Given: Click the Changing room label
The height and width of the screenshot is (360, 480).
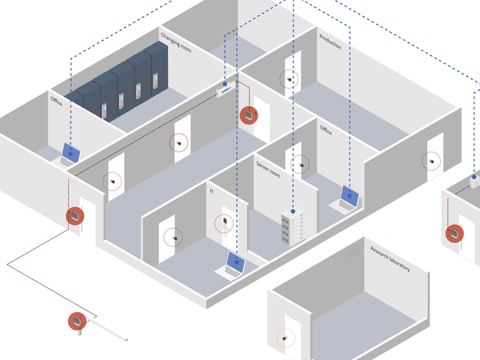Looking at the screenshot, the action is coord(176,43).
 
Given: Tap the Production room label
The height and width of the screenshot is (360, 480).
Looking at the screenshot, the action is coord(330,42).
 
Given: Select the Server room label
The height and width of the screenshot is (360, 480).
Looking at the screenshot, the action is coord(268,170).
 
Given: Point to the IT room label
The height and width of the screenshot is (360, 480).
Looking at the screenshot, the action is coord(211,191).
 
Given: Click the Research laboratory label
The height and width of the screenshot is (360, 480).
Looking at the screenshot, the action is coord(390,258).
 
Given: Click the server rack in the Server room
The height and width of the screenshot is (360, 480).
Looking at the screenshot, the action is coord(292,226).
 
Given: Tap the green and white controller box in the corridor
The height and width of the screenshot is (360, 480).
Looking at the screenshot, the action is coord(226,89).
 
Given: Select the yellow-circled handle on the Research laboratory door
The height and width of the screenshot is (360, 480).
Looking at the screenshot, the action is coord(286,338).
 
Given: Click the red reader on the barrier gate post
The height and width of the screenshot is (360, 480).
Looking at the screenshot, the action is coord(77,321).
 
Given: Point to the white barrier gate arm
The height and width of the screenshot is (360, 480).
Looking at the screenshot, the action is coord(108,330).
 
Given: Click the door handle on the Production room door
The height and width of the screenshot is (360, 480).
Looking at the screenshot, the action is coord(289,79).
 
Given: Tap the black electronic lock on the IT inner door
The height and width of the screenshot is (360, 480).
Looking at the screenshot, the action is coord(225,221).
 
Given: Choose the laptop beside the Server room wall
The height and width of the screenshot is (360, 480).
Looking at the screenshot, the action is coord(346,199).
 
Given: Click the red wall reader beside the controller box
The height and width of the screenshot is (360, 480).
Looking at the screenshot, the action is coord(249,115).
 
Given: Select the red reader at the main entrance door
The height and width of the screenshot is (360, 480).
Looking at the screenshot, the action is coord(75,216).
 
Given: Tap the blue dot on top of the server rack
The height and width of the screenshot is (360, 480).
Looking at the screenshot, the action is coord(293,211).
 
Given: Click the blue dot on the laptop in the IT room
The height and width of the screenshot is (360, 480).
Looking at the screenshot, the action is coord(237,262).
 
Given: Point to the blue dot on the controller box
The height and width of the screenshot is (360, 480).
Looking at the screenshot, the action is coord(225,83).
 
